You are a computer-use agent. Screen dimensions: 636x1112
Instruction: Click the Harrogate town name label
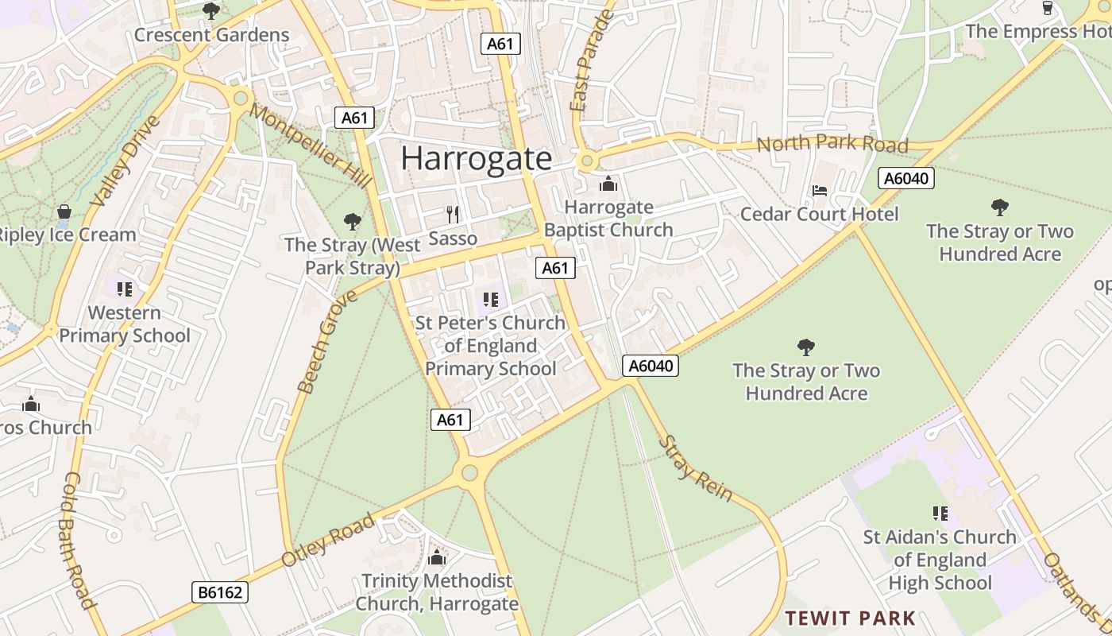click(476, 158)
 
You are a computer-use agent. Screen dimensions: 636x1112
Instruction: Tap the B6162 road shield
click(220, 592)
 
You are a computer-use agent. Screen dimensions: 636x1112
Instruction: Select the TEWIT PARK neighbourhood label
click(850, 618)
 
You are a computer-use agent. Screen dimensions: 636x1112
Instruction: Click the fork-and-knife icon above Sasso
click(453, 214)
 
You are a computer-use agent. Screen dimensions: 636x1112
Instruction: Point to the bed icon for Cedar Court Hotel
click(820, 190)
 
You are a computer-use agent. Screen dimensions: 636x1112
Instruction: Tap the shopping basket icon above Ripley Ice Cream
click(64, 211)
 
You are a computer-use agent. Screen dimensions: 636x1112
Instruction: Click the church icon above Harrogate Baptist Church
click(608, 184)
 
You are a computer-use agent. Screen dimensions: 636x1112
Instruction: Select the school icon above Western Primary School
click(124, 289)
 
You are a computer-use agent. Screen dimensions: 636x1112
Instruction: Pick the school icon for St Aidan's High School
click(940, 514)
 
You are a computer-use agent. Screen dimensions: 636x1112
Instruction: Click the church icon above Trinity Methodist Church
click(437, 558)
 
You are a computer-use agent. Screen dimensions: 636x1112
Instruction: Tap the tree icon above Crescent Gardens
click(211, 11)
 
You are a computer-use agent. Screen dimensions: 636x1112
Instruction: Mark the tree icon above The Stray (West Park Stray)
click(353, 222)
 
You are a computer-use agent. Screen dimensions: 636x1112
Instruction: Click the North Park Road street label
click(832, 145)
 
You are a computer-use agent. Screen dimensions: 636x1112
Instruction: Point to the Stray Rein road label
click(695, 469)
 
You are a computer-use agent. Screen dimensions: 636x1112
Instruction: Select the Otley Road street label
click(327, 541)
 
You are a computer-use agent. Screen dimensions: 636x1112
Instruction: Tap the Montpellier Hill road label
click(311, 146)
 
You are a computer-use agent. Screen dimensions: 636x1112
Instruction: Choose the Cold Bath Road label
click(79, 541)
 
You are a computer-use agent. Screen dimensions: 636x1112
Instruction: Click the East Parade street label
click(593, 61)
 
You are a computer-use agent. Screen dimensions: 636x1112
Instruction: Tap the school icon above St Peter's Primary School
click(491, 300)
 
